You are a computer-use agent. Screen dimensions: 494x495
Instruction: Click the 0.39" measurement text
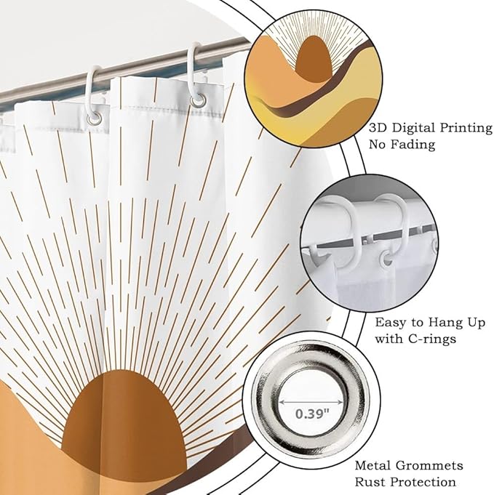tap(312, 414)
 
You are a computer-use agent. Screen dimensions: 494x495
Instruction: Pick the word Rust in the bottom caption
tap(370, 482)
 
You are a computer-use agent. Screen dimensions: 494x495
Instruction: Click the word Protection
tap(423, 482)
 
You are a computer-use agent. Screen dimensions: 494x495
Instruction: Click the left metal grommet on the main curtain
tap(95, 118)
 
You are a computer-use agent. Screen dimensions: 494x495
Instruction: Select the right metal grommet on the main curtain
tap(198, 100)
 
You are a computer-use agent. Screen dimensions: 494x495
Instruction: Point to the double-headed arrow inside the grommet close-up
tap(311, 402)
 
